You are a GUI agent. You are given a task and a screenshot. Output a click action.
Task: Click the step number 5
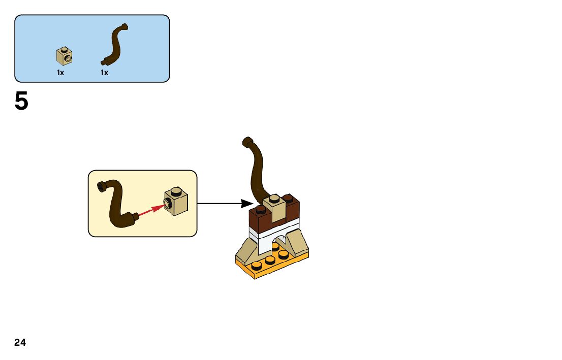[21, 102]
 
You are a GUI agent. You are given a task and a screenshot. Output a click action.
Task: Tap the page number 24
[20, 343]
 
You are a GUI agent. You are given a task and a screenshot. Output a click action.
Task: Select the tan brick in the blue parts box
[64, 57]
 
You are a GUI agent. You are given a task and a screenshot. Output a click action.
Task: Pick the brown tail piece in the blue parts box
[114, 45]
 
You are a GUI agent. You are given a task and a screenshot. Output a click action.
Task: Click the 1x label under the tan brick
[60, 73]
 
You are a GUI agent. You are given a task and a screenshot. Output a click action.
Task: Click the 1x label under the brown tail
[104, 73]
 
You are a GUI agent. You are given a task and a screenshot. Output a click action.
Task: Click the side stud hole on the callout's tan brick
[168, 205]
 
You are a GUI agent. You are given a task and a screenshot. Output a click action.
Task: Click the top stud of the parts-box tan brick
[64, 49]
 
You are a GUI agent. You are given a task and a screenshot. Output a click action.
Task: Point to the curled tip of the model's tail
[247, 141]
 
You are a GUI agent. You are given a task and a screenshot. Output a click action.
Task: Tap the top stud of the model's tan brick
[274, 198]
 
